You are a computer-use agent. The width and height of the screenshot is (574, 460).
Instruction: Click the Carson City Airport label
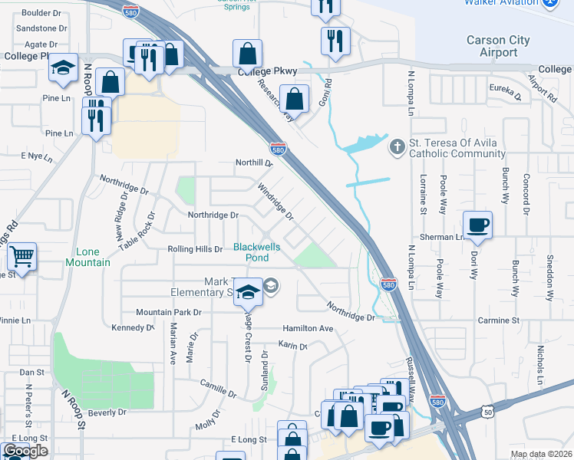coord(497,46)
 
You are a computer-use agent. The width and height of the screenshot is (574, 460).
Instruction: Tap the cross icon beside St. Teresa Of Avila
coord(397,146)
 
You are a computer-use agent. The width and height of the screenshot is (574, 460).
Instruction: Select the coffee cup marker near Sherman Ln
coord(479,225)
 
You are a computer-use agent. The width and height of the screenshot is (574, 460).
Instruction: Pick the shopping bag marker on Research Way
coord(295,99)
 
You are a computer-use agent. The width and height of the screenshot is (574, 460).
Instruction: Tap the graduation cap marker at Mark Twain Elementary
coord(247,293)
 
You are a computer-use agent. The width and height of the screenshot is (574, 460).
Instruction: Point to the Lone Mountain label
coord(93,257)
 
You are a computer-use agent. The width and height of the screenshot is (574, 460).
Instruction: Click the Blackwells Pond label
coord(257,252)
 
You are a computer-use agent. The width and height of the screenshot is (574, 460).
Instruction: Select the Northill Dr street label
coord(254,163)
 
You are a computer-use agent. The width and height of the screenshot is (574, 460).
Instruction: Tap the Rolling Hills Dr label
coord(195,249)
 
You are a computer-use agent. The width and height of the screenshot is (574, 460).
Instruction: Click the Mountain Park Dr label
coord(169,313)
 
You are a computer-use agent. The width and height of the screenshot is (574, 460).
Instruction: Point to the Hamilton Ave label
coord(308,328)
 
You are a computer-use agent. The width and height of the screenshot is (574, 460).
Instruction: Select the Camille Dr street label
coord(217,390)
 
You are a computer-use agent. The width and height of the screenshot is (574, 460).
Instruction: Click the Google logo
coord(25,451)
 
